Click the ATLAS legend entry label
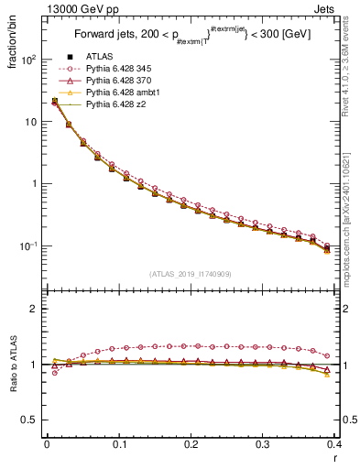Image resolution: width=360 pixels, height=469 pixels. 98,58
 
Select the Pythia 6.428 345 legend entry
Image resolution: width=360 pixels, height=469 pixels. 121,70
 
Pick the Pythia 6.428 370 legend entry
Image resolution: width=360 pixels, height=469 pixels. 121,82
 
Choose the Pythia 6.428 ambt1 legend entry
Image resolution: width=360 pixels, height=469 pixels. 124,93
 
